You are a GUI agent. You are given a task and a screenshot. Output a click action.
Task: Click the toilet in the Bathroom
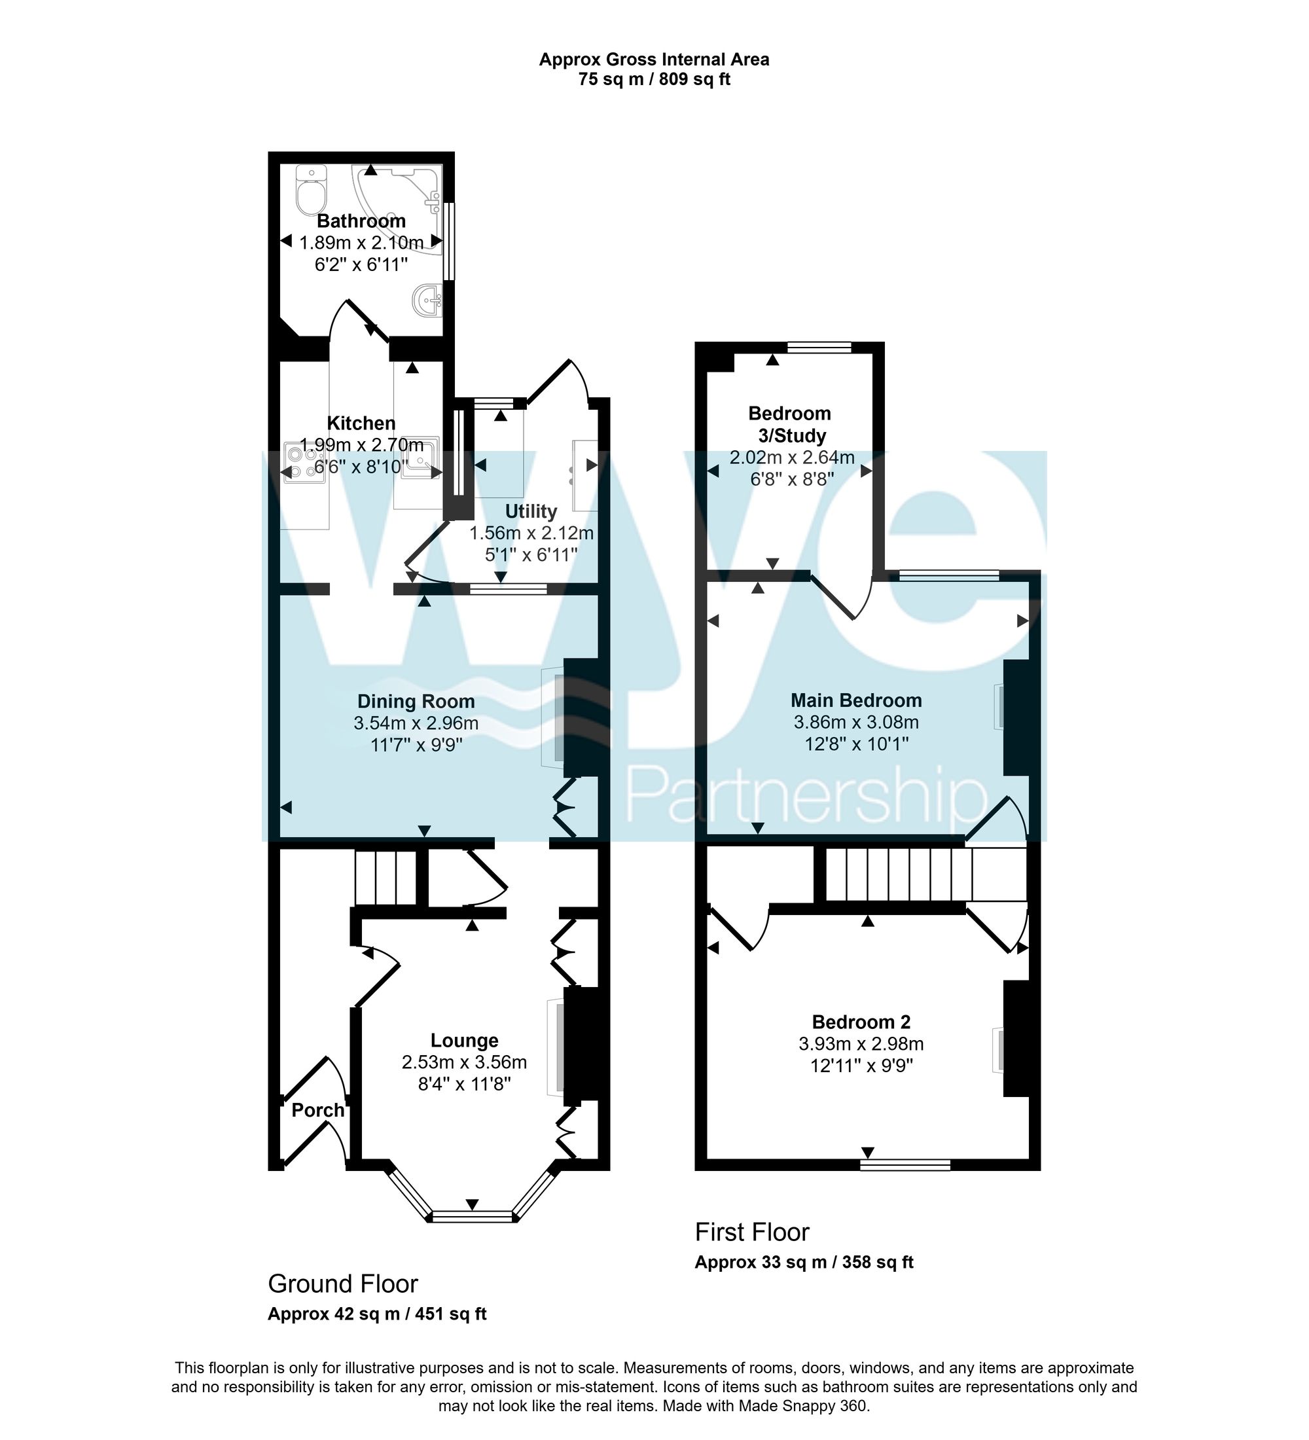[x=311, y=190]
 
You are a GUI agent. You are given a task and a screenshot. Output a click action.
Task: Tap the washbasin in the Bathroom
[x=428, y=300]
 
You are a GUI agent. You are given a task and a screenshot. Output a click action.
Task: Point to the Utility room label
[x=531, y=511]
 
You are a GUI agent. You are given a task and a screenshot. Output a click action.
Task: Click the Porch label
[x=318, y=1111]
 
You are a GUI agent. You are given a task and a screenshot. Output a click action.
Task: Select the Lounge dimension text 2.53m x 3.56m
[x=464, y=1063]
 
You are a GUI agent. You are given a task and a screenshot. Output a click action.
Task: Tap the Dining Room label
[x=416, y=702]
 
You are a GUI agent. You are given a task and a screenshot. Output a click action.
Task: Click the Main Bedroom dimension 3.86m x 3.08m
[x=855, y=722]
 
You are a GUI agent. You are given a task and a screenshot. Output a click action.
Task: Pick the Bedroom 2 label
[x=861, y=1022]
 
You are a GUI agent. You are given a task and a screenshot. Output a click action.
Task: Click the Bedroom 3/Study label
[x=789, y=424]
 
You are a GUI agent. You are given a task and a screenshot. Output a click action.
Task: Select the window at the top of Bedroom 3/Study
[x=819, y=347]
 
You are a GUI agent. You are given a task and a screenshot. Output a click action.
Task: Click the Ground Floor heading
[x=342, y=1284]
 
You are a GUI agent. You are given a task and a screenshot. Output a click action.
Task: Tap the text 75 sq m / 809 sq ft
[x=653, y=79]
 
